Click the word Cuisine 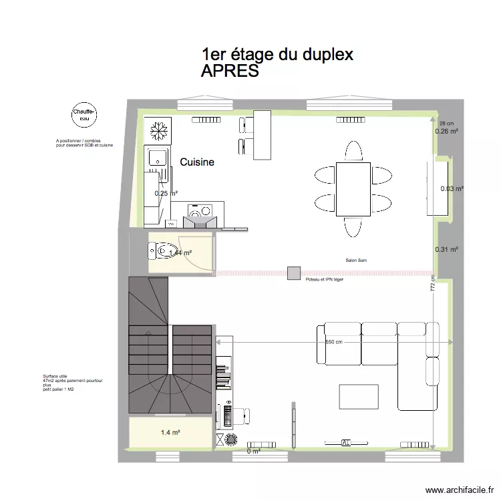tap(197, 162)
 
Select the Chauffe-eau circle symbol tap(85, 115)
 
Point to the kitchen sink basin tap(158, 158)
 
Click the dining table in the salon tap(352, 189)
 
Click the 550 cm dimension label tap(334, 342)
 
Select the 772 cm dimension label tap(433, 287)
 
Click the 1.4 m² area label tap(170, 433)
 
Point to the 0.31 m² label tap(446, 250)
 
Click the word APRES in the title tap(230, 71)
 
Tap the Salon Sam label tap(355, 261)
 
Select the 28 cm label tap(446, 124)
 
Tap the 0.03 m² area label tap(452, 189)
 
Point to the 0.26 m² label tap(447, 132)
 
